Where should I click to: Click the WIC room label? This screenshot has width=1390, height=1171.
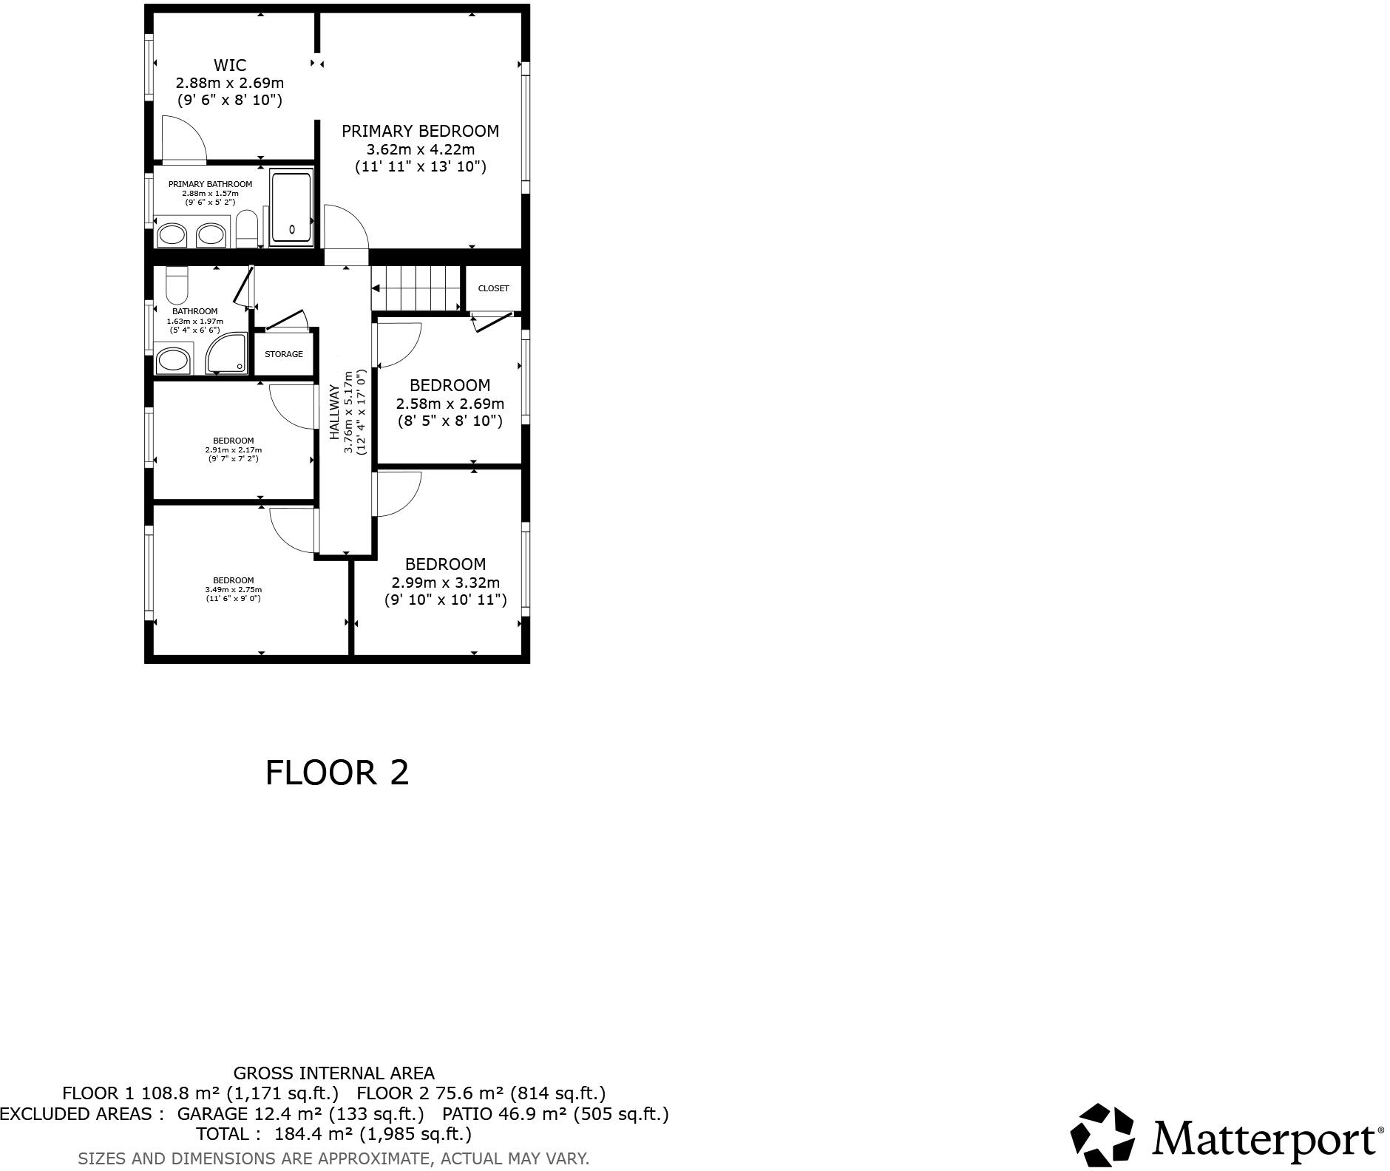point(230,66)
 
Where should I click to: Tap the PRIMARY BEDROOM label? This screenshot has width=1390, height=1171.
point(420,132)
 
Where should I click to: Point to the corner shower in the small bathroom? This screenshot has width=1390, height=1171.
point(226,354)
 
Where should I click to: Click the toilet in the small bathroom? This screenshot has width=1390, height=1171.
point(177,285)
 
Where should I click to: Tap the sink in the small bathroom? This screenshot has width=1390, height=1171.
point(174,361)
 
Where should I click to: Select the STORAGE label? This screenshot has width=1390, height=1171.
point(284,354)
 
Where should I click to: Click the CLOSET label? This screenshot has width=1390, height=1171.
point(493,288)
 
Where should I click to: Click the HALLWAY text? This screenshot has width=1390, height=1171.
point(334,412)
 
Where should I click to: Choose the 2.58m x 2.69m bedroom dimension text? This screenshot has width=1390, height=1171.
point(450,404)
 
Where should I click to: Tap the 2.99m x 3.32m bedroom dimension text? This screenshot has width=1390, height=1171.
point(446,583)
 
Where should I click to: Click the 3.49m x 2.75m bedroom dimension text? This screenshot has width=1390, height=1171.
point(234,589)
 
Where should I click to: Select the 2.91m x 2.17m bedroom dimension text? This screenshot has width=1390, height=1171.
point(234,449)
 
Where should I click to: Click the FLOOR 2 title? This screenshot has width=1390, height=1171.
point(337,773)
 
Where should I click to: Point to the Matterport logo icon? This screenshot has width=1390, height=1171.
point(1102,1135)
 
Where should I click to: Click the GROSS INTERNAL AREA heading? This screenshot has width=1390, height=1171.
point(334,1073)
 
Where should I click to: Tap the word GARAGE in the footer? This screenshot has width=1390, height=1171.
point(212,1113)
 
